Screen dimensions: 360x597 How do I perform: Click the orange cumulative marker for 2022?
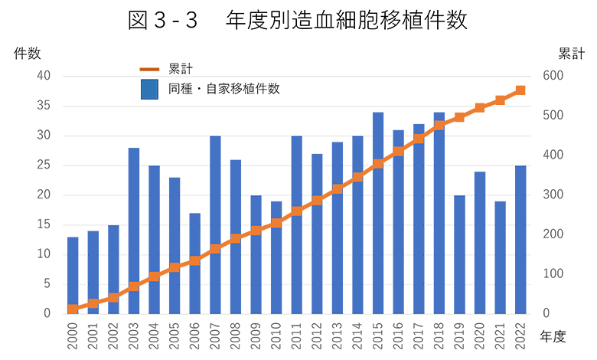pos(520,90)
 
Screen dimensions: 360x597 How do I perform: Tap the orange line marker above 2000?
pos(73,309)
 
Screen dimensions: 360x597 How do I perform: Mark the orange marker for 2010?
pos(276,224)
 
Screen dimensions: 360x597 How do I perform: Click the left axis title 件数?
pos(27,54)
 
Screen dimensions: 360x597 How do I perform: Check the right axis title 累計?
pos(571,54)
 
